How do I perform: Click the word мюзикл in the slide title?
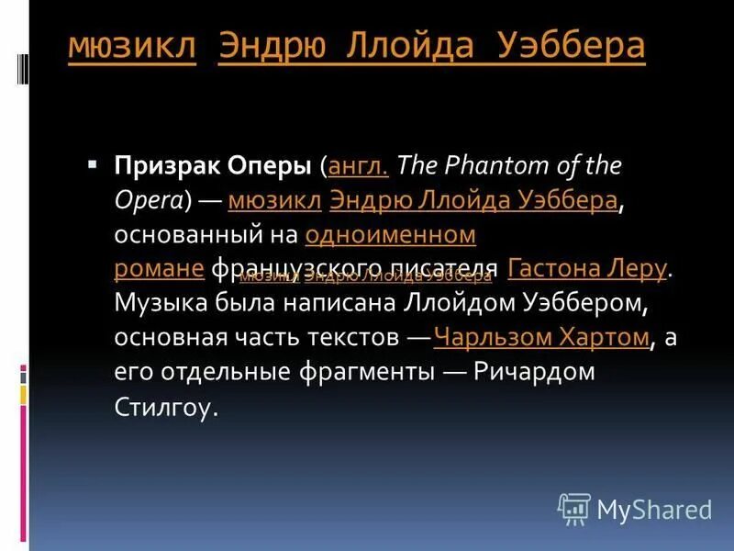(132, 47)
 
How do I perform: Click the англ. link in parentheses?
(359, 167)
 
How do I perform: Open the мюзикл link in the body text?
(274, 200)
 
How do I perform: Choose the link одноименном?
(390, 234)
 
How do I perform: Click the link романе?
(159, 268)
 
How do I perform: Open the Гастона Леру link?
(587, 268)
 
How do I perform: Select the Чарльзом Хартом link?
(541, 337)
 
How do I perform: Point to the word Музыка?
(157, 303)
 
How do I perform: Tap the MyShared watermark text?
(654, 510)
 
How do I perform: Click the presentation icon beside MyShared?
(574, 509)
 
